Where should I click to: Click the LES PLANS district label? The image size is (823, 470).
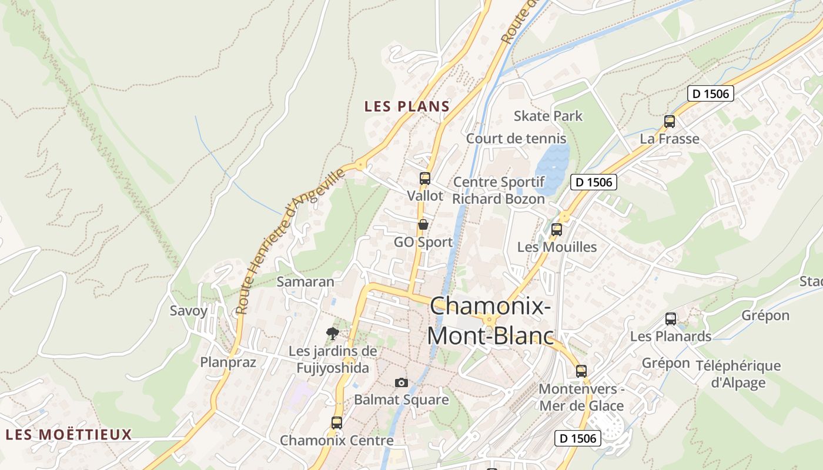coord(407,106)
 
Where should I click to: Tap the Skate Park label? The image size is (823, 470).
coord(548,116)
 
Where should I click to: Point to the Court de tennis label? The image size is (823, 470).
coord(516,139)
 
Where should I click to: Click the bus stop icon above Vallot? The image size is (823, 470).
coord(424,179)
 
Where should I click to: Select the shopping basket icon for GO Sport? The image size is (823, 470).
coord(423,224)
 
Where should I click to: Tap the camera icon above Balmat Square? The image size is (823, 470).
coord(402,382)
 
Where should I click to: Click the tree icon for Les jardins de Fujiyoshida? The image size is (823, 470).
coord(333,334)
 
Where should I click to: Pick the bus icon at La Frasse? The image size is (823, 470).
coord(669,122)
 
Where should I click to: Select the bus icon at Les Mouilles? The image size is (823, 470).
coord(556,230)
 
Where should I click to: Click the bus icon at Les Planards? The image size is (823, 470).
coord(671,319)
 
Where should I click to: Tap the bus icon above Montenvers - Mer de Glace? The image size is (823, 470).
coord(581,371)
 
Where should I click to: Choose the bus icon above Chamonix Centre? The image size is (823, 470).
coord(336,422)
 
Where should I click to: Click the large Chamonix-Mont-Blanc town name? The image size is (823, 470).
coord(490,321)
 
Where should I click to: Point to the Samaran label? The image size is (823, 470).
coord(305,281)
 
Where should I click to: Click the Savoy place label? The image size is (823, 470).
coord(189,311)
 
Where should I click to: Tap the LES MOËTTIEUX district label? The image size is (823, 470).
coord(69,435)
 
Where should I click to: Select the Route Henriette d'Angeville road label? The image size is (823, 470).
coord(288,241)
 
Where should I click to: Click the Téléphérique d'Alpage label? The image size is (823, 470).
coord(738,374)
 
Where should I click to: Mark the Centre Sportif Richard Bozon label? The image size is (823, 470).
coord(499,190)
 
